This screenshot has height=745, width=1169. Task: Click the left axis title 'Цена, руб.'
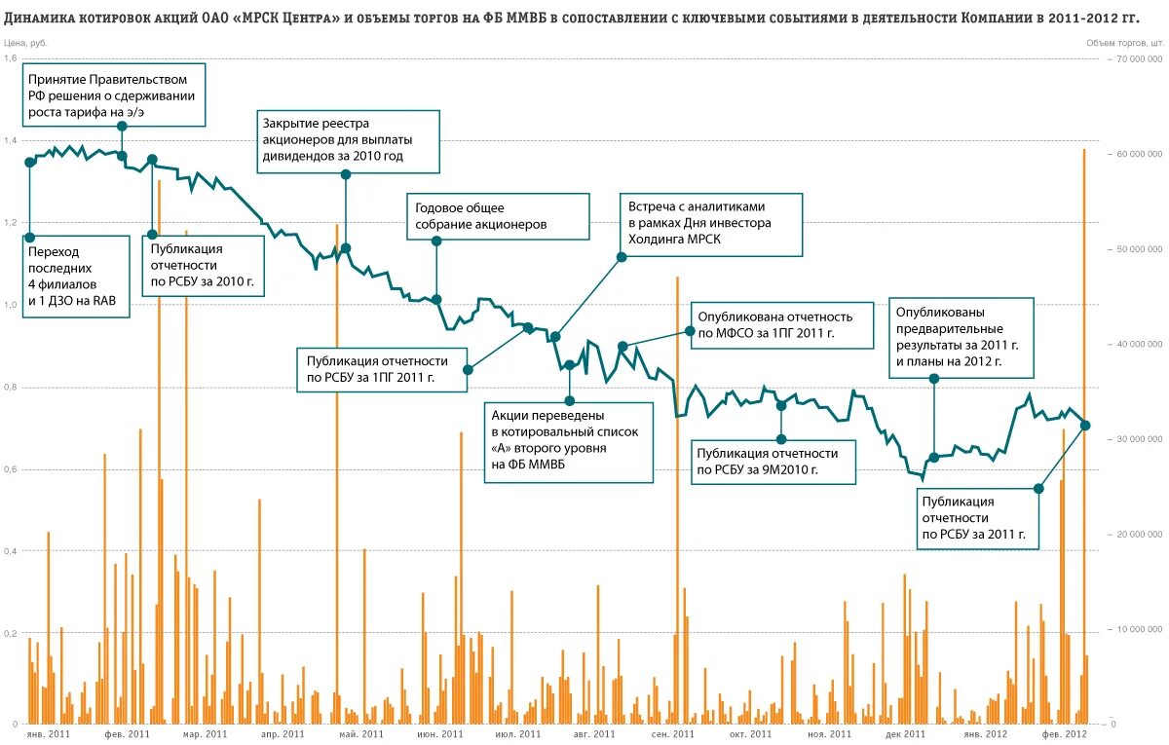tap(25, 43)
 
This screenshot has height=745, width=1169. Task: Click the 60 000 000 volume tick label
tap(1137, 154)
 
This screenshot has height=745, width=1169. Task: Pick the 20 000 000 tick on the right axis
tap(1137, 534)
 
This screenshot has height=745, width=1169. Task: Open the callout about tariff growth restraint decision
tap(111, 95)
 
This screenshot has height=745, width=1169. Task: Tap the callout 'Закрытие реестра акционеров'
tap(348, 138)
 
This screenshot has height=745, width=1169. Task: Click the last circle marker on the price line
tap(1085, 426)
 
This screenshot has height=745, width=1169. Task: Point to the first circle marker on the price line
tap(30, 162)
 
